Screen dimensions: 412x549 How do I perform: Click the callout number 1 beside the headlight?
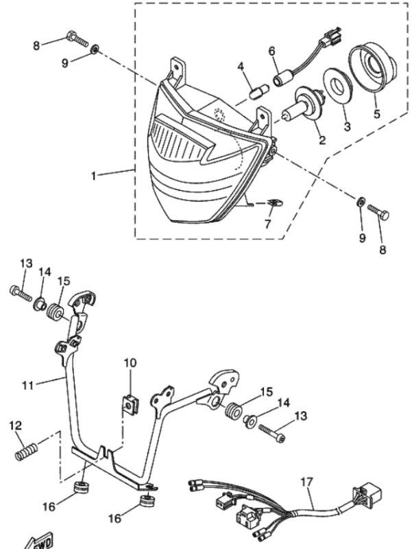click(93, 176)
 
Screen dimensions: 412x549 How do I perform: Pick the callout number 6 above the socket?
click(271, 51)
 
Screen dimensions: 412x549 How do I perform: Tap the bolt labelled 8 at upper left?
click(77, 39)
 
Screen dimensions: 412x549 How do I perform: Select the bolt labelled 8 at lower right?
click(378, 212)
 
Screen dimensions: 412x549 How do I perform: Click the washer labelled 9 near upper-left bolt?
click(95, 49)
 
